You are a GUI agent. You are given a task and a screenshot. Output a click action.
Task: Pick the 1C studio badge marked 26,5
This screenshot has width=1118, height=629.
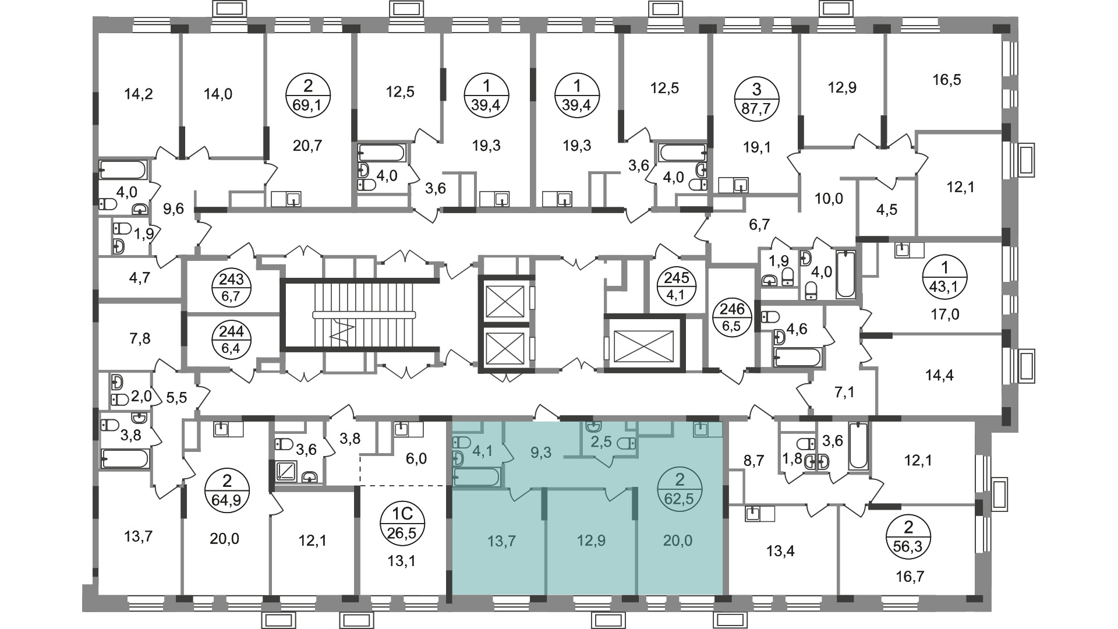pyautogui.click(x=403, y=522)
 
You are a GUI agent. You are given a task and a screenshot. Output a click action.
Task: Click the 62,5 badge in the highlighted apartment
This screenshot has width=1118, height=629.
pyautogui.click(x=679, y=490)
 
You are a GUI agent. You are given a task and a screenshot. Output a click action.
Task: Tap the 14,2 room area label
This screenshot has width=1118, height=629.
pyautogui.click(x=139, y=93)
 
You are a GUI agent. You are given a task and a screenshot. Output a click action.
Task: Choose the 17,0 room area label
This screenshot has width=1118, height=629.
pyautogui.click(x=944, y=314)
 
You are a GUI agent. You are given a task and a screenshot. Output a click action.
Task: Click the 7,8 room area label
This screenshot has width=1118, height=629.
pyautogui.click(x=139, y=338)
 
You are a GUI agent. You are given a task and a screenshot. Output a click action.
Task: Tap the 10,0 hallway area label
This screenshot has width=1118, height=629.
pyautogui.click(x=829, y=199)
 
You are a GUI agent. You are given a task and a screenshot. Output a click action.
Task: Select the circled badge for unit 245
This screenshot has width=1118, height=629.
pyautogui.click(x=677, y=286)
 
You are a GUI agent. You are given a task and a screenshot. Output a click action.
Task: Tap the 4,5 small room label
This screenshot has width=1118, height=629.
pyautogui.click(x=887, y=210)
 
